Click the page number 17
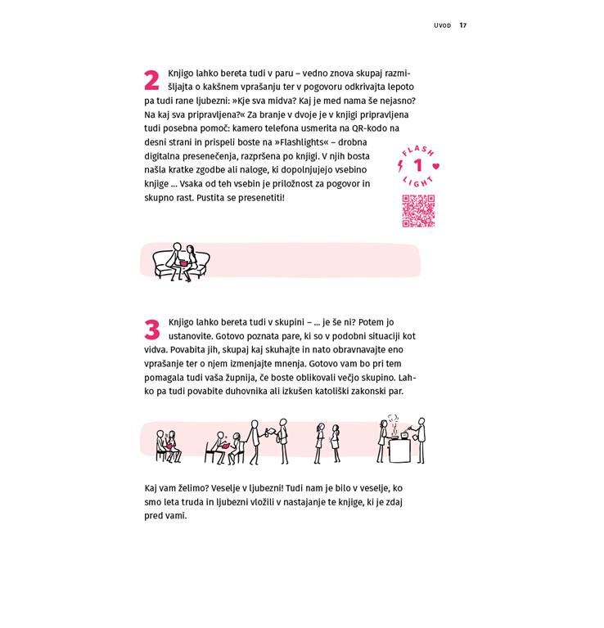pos(463,25)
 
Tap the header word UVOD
pos(442,25)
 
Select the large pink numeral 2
pos(151,80)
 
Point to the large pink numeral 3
pos(152,330)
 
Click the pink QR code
pos(418,211)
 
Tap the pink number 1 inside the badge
pos(418,165)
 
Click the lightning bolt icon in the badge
pos(400,166)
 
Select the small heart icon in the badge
pos(436,166)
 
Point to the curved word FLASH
pos(418,150)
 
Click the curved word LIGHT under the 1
pos(418,182)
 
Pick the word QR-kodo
pos(370,128)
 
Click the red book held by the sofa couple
pos(184,263)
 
